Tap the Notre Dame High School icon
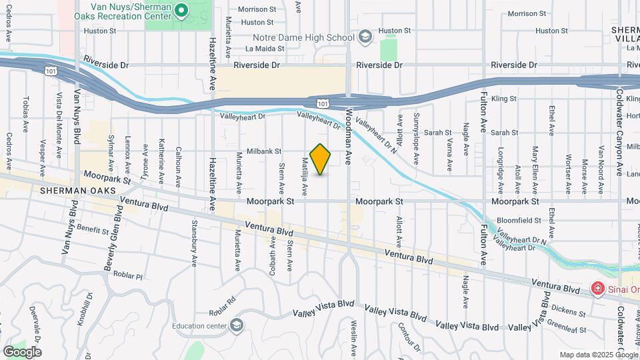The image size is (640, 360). tap(365, 37)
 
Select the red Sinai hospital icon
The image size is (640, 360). tap(598, 289)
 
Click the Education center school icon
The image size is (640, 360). tap(235, 325)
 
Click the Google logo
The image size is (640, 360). tap(22, 351)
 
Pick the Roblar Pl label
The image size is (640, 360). tap(128, 275)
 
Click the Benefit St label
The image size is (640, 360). tap(92, 229)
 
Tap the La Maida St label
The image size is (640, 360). tap(260, 48)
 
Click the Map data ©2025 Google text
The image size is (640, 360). tap(598, 355)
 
